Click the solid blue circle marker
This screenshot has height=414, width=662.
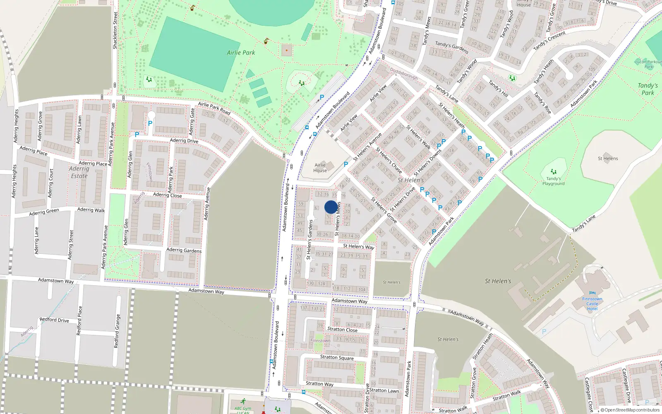click(331, 207)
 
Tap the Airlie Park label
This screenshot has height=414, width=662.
click(241, 53)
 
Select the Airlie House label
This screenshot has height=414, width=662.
click(320, 168)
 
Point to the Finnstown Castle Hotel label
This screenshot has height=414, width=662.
click(592, 304)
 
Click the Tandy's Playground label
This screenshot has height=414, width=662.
click(553, 181)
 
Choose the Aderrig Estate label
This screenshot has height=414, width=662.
click(79, 172)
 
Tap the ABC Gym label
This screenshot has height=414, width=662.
click(243, 409)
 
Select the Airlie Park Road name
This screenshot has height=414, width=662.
click(214, 108)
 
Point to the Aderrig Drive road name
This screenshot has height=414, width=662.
click(184, 141)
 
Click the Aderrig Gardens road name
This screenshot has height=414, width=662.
click(184, 250)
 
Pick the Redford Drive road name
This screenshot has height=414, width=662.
click(54, 320)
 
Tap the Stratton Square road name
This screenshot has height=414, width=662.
click(337, 357)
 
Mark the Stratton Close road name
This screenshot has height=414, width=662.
click(342, 330)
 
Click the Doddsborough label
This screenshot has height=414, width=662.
click(404, 74)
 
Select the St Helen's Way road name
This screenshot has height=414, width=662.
click(358, 246)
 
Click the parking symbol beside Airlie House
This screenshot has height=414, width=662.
click(346, 164)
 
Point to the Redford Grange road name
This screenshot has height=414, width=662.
click(117, 331)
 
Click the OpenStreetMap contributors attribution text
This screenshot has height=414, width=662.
click(631, 410)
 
